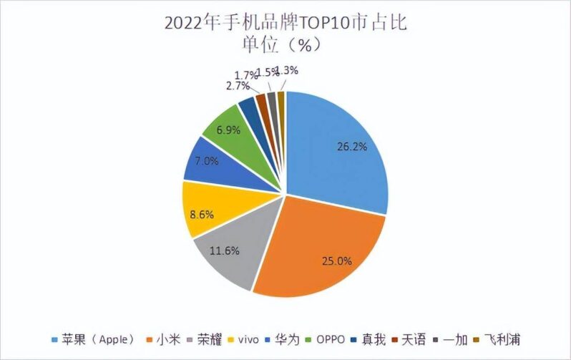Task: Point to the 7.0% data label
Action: (206, 161)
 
